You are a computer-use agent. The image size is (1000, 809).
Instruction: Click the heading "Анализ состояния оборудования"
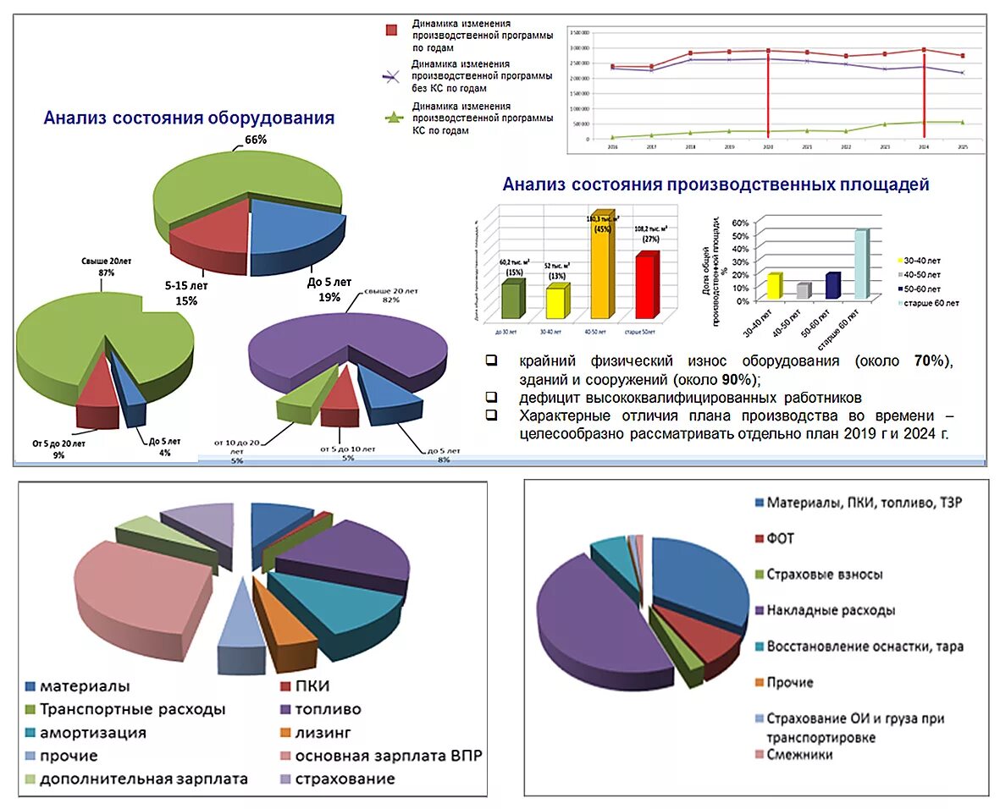pyautogui.click(x=189, y=118)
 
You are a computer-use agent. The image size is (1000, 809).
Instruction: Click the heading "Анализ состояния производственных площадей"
pyautogui.click(x=715, y=184)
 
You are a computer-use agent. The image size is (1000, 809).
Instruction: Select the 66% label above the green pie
pyautogui.click(x=256, y=140)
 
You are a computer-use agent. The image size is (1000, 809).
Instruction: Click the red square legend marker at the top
pyautogui.click(x=391, y=30)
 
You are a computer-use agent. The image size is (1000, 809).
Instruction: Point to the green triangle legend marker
pyautogui.click(x=391, y=118)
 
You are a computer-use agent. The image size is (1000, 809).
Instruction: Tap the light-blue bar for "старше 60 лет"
pyautogui.click(x=860, y=264)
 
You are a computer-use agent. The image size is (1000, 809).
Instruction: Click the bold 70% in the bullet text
pyautogui.click(x=929, y=361)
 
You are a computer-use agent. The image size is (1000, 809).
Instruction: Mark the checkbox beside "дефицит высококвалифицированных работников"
pyautogui.click(x=491, y=397)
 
